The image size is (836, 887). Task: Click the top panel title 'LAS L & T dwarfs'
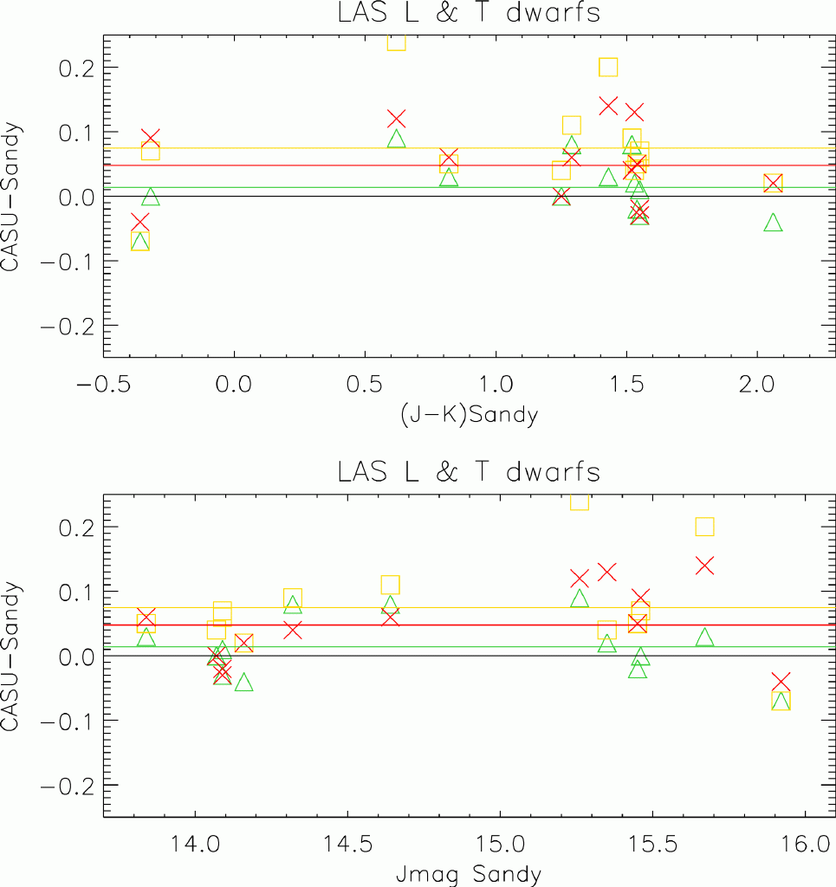pyautogui.click(x=469, y=14)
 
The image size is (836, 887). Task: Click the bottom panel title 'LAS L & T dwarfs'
pyautogui.click(x=469, y=473)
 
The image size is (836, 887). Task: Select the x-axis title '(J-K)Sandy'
pyautogui.click(x=469, y=414)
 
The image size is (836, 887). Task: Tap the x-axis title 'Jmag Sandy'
pyautogui.click(x=469, y=873)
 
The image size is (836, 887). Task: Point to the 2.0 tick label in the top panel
pyautogui.click(x=757, y=382)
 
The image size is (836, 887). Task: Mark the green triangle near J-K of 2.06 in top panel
pyautogui.click(x=773, y=223)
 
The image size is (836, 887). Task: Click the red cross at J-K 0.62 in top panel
pyautogui.click(x=397, y=119)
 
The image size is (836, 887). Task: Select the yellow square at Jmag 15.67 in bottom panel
pyautogui.click(x=704, y=527)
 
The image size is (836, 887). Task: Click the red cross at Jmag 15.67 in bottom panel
pyautogui.click(x=704, y=566)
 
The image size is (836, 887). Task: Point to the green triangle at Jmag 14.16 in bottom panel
pyautogui.click(x=243, y=683)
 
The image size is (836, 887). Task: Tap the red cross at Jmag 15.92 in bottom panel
pyautogui.click(x=781, y=682)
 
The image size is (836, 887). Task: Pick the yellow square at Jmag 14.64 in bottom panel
pyautogui.click(x=390, y=585)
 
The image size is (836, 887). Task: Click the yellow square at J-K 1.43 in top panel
pyautogui.click(x=608, y=68)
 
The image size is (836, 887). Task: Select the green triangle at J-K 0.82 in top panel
pyautogui.click(x=449, y=178)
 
